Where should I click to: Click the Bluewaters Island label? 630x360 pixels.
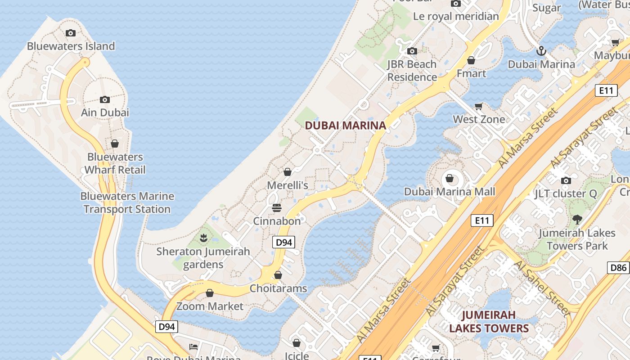click(x=71, y=46)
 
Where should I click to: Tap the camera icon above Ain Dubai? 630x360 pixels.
click(x=105, y=99)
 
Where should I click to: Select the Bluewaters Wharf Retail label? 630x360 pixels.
click(x=115, y=163)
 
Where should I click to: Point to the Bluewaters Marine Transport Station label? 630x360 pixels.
click(x=127, y=202)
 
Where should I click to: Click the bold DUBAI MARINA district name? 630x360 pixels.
click(x=346, y=126)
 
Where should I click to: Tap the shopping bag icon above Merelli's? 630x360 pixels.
click(x=288, y=172)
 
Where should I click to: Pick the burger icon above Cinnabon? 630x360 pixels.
click(x=277, y=208)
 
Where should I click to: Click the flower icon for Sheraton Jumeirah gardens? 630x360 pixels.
click(x=203, y=237)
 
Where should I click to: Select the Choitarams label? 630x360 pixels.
click(x=278, y=288)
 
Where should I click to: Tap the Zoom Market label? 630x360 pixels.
click(x=210, y=306)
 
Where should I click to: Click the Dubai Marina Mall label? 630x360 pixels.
click(x=449, y=192)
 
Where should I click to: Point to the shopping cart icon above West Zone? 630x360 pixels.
click(x=479, y=107)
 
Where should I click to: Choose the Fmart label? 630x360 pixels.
click(x=471, y=73)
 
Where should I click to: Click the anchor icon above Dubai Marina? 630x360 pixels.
click(x=541, y=51)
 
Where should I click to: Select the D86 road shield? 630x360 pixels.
click(x=618, y=268)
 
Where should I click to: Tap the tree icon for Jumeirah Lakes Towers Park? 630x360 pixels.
click(x=577, y=220)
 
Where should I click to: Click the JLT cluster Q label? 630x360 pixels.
click(x=565, y=194)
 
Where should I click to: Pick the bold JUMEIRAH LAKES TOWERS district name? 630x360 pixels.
click(x=489, y=321)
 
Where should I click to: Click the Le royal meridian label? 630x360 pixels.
click(x=456, y=17)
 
